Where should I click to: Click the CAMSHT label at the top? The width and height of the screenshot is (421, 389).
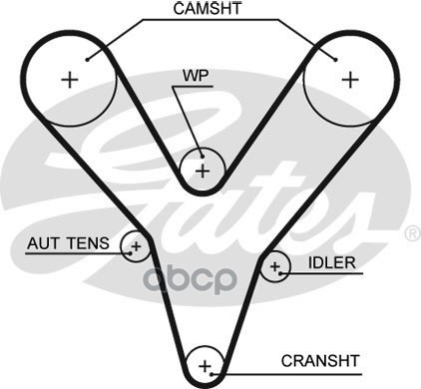(208, 9)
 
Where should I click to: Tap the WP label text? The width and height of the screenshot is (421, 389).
(196, 76)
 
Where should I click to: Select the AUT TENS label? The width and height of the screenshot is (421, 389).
(68, 243)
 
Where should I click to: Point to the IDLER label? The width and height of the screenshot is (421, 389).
(332, 263)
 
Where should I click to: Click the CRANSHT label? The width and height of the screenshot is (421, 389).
(320, 361)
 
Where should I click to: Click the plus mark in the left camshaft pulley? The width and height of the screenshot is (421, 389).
(70, 80)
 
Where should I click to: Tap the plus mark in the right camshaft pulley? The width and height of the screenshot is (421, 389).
(350, 80)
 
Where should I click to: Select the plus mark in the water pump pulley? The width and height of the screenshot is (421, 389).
(203, 172)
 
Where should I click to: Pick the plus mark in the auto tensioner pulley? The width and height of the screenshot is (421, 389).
(137, 246)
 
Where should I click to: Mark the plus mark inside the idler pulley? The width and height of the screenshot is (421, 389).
(274, 266)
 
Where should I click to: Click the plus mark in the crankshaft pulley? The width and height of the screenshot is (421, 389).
(205, 366)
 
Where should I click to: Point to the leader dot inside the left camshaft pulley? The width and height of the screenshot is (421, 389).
(87, 60)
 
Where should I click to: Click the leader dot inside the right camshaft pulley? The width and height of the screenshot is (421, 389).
(335, 60)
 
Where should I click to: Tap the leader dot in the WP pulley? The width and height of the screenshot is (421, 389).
(202, 157)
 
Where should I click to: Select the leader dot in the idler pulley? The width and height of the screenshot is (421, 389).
(280, 273)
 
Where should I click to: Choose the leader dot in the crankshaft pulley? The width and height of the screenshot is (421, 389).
(211, 374)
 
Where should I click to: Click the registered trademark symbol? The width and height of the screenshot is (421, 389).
(413, 233)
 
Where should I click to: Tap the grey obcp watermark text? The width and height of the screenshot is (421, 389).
(190, 278)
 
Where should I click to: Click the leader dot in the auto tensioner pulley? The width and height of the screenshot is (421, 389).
(131, 253)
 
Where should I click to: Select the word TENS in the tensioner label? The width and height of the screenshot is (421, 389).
(88, 243)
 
